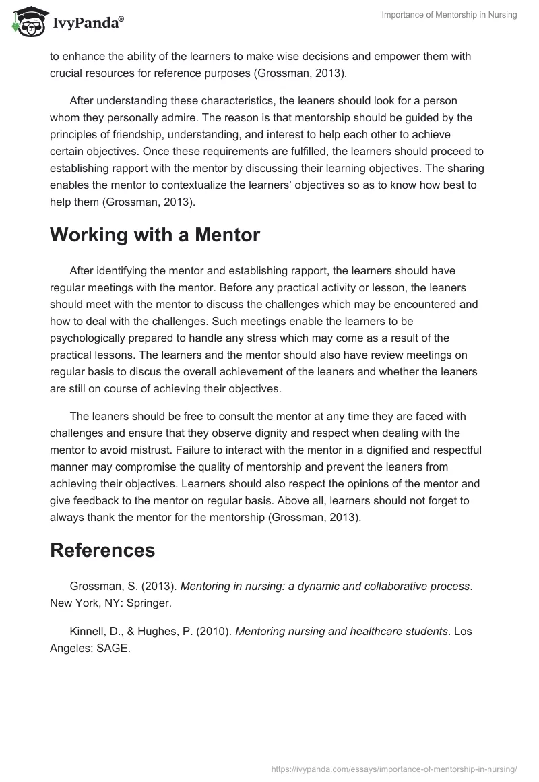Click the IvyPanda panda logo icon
[x=26, y=23]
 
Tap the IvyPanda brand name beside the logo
[x=88, y=24]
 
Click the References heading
[x=102, y=550]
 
